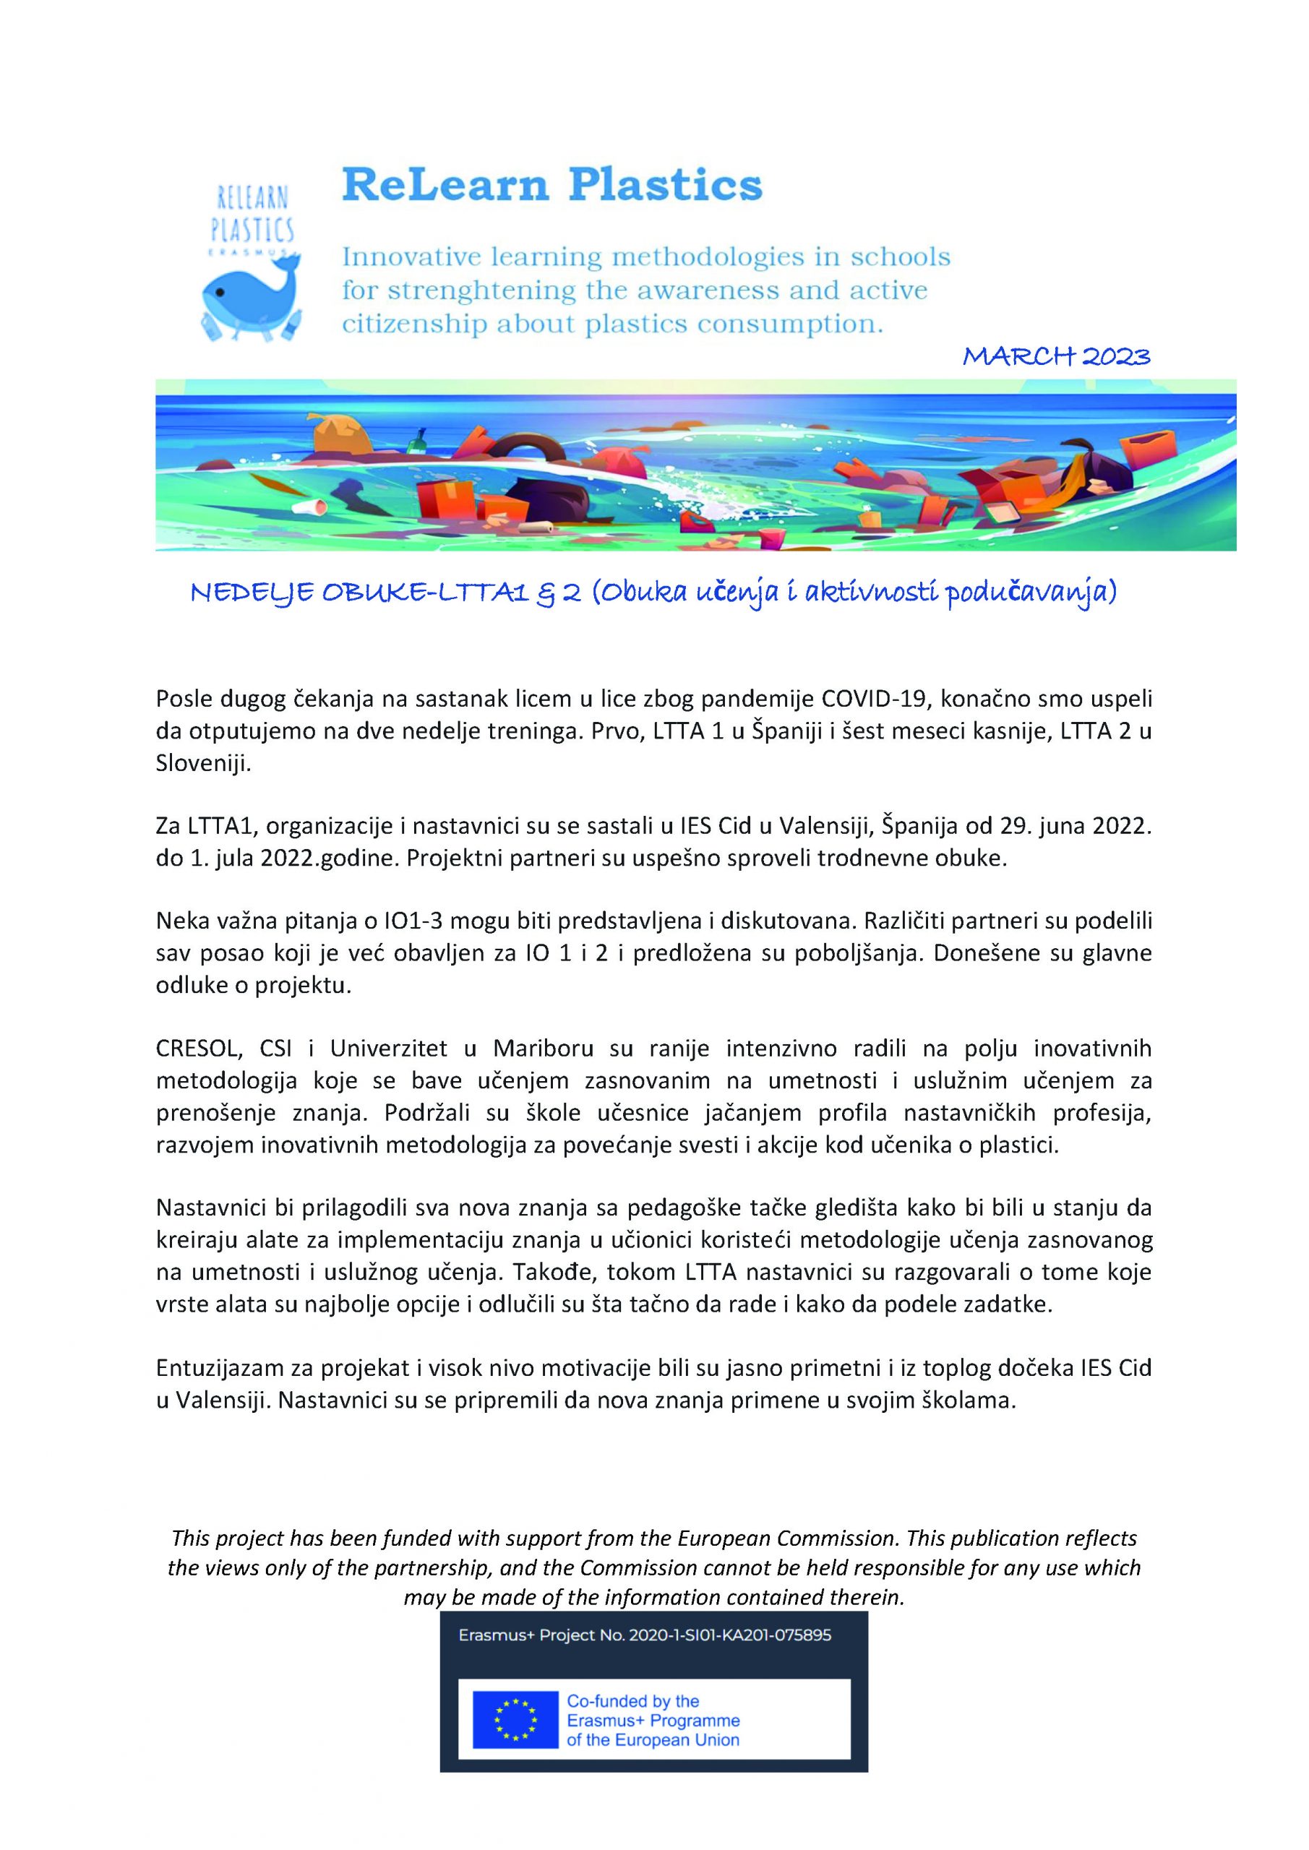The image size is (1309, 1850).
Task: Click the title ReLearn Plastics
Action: tap(552, 185)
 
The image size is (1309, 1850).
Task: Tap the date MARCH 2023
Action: tap(1057, 356)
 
